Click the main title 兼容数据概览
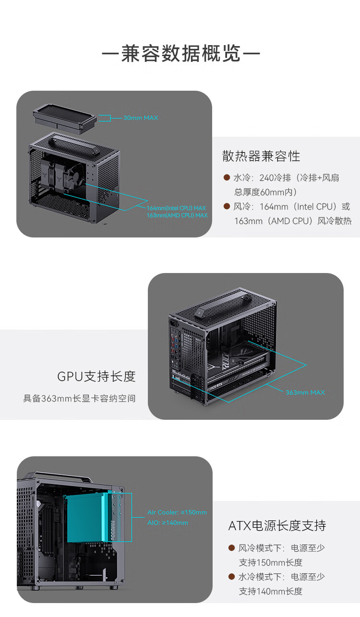pos(180,54)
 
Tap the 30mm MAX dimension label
pos(140,118)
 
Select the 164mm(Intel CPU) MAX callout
pos(176,208)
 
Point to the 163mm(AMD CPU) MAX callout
pos(177,215)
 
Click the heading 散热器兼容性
pos(261,156)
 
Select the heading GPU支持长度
pos(96,376)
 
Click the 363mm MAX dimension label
pos(305,392)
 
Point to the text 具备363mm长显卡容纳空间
pos(80,398)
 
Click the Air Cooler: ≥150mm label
pos(177,512)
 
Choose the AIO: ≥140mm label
pos(168,522)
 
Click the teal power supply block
pos(89,518)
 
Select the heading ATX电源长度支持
pos(277,525)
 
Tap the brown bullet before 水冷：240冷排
pos(227,178)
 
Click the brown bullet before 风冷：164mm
pos(227,207)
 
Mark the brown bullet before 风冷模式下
pos(231,548)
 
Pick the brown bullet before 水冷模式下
pos(231,577)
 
